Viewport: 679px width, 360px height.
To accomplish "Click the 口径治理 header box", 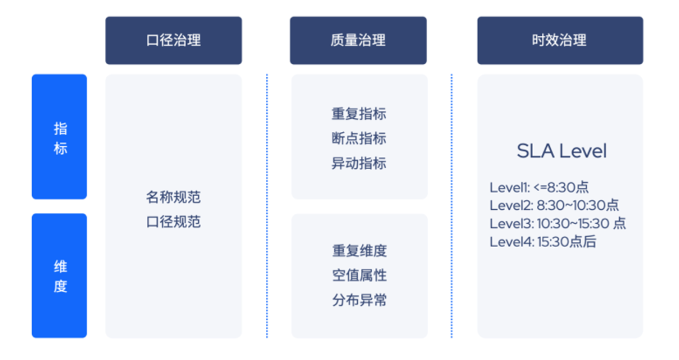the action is [174, 41].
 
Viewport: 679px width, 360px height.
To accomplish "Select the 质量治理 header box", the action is [358, 41].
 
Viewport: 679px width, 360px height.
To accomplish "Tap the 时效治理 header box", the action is [560, 41].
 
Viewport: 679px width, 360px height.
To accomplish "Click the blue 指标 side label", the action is [60, 138].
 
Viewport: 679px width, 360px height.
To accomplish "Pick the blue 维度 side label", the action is [60, 276].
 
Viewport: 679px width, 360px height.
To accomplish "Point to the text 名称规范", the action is [174, 197].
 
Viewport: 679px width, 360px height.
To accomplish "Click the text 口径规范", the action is [174, 222].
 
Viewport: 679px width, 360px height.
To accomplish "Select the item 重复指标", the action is [359, 114].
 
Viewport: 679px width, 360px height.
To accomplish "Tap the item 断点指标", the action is [359, 139].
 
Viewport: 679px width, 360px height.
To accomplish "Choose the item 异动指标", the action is [359, 164].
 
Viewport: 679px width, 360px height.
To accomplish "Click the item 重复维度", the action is [359, 251].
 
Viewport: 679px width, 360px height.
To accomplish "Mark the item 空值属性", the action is [359, 275].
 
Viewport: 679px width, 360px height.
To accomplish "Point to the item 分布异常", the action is [359, 300].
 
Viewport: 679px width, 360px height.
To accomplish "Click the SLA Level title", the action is [561, 151].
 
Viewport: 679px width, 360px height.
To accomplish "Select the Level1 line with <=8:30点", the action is [539, 187].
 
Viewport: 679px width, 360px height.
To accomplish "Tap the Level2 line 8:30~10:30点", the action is [554, 205].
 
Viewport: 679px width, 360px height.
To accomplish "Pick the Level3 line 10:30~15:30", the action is [558, 224].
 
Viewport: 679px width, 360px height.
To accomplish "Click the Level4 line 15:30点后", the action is [543, 242].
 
